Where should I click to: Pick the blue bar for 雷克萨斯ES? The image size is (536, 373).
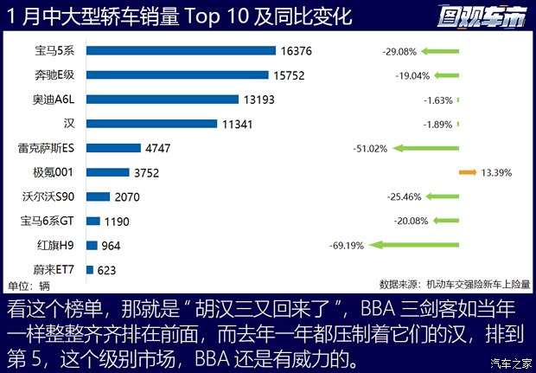[x=114, y=148]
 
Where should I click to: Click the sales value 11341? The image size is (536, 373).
[x=237, y=124]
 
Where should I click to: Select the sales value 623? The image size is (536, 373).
[x=107, y=269]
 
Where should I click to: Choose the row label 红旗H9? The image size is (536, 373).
[x=61, y=245]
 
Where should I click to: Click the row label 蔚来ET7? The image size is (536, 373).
[x=57, y=269]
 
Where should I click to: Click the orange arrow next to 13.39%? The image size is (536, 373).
[x=467, y=172]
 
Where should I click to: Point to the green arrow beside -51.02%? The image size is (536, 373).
[x=424, y=148]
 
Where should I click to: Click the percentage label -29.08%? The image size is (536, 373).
[x=400, y=51]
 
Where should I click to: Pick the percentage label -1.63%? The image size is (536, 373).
[x=438, y=100]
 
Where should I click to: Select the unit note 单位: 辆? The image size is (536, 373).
[x=29, y=285]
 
